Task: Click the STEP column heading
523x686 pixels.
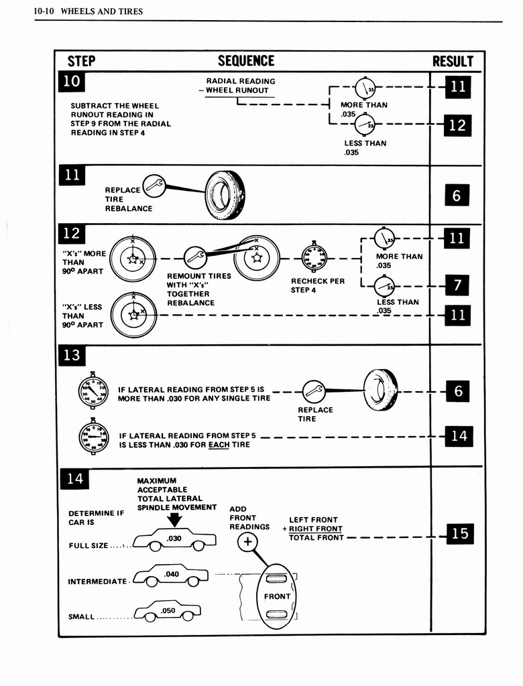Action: point(81,62)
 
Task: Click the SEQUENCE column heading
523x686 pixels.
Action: point(246,61)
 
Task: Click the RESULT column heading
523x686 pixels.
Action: point(453,62)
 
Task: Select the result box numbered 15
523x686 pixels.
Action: point(459,533)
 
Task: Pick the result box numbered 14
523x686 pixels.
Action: point(459,436)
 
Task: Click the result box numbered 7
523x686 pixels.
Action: point(457,285)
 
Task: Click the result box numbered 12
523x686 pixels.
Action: point(457,125)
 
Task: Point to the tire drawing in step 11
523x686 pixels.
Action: point(225,195)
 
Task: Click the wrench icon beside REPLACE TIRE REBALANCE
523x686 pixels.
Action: point(154,186)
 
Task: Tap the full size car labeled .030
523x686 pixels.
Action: point(174,539)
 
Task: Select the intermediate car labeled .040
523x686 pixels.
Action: point(170,575)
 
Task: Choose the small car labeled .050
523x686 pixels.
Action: point(167,611)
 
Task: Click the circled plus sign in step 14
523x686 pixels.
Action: point(247,542)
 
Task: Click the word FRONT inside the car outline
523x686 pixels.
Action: point(277,596)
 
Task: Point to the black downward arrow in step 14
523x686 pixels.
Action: point(176,520)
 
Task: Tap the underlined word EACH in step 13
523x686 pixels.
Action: point(219,444)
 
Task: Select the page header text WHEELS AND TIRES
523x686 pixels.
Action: point(101,11)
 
